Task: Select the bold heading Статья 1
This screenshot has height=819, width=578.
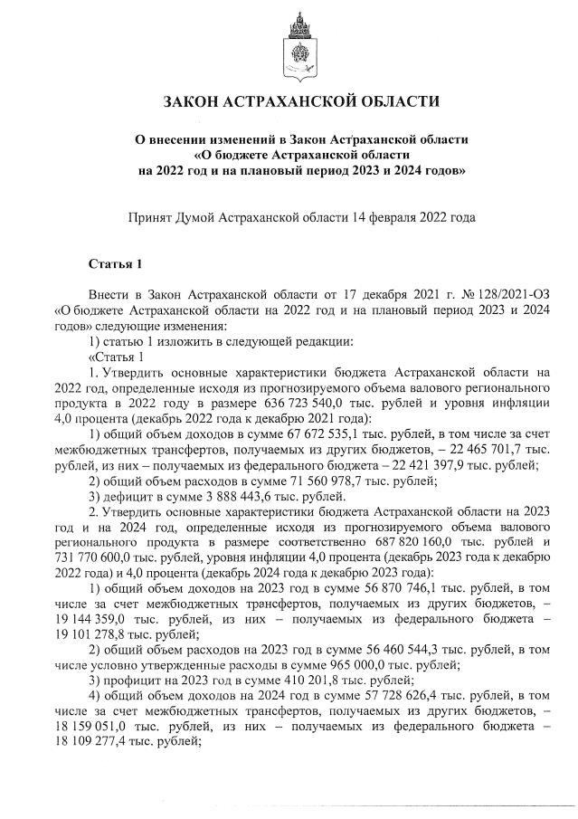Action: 116,264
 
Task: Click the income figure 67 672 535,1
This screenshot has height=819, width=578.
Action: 294,434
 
